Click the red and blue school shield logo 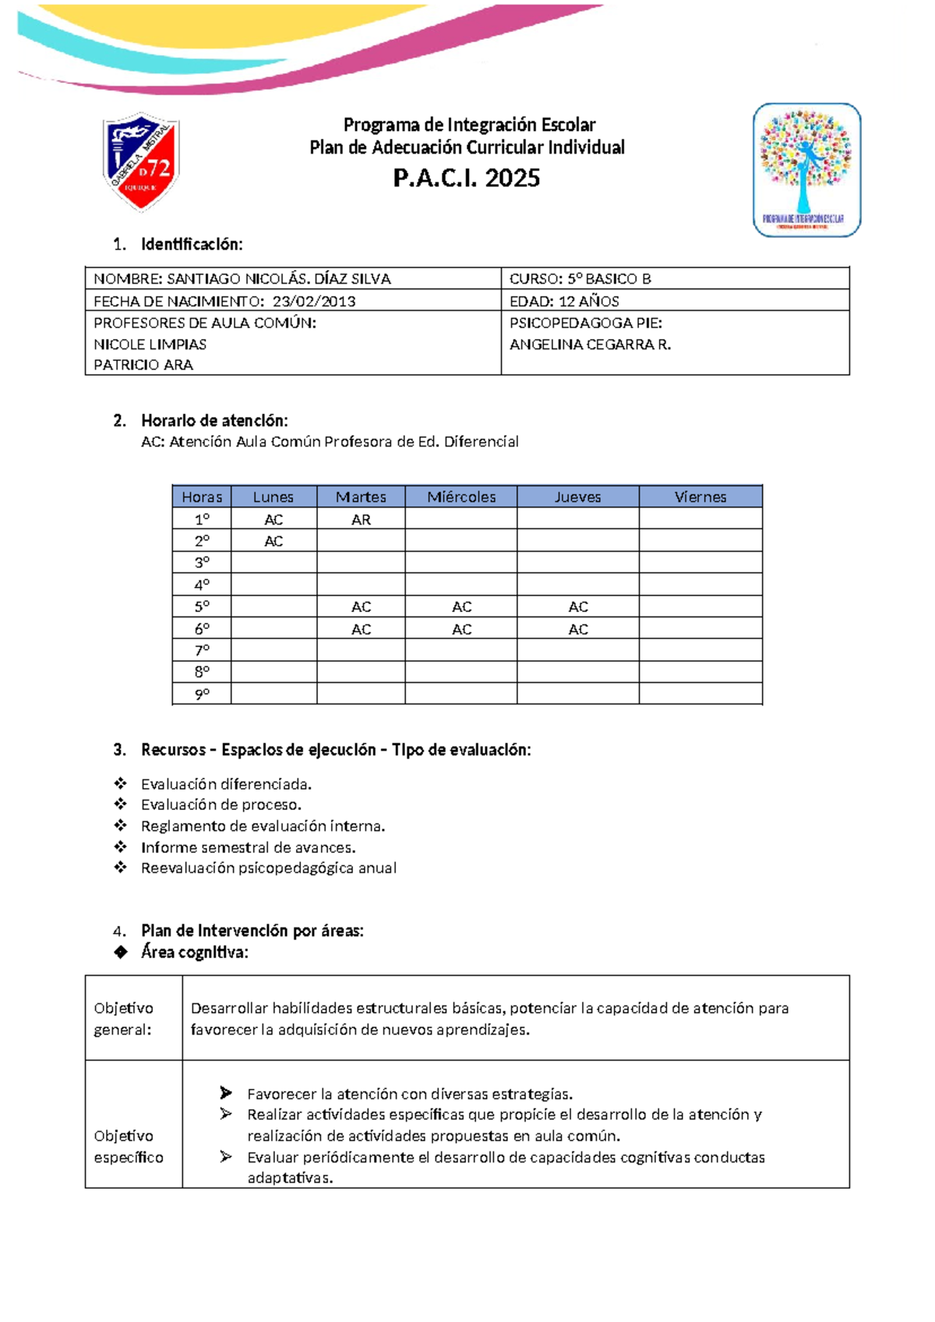tap(141, 161)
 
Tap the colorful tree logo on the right tap(806, 169)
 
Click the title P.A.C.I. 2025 tap(467, 179)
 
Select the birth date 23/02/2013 tap(314, 301)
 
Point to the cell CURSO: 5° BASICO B tap(580, 278)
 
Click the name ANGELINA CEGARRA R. tap(590, 344)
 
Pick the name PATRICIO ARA tap(143, 365)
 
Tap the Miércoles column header tap(461, 497)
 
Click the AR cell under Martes tap(361, 519)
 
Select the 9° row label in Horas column tap(202, 694)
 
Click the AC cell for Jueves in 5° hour tap(577, 606)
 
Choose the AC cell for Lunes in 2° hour tap(273, 541)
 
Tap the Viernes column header tap(700, 497)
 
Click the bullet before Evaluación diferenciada tap(121, 783)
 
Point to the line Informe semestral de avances tap(248, 847)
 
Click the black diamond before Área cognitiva tap(121, 952)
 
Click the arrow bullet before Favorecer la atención tap(226, 1093)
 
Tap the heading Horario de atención tap(214, 421)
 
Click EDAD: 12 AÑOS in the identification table tap(564, 301)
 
